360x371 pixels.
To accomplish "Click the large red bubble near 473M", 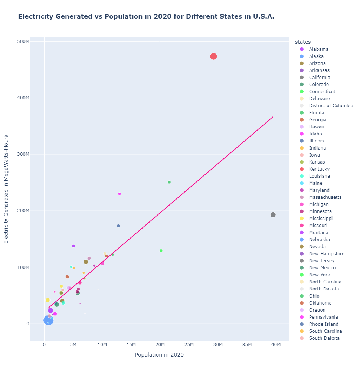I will (x=213, y=56).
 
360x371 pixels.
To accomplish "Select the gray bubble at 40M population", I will (x=273, y=215).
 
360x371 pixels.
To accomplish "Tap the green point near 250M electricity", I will (x=169, y=182).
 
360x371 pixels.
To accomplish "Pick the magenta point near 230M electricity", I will (x=120, y=194).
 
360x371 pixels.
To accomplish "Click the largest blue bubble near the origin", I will (x=48, y=320).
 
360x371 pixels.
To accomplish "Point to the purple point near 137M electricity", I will (x=73, y=246).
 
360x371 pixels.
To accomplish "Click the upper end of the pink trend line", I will (x=273, y=117).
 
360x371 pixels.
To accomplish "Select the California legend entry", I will (x=319, y=78).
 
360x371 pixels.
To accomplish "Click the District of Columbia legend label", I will (x=331, y=106).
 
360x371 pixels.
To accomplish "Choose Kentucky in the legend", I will (x=319, y=169).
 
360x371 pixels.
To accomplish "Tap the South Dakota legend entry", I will (x=324, y=338).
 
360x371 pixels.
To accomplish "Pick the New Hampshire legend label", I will (x=326, y=254).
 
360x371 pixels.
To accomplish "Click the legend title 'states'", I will (x=300, y=42).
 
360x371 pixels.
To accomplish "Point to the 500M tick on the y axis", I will (x=23, y=42).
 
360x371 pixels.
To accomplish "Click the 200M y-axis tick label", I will (x=23, y=211).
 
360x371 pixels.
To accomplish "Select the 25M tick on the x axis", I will (x=189, y=345).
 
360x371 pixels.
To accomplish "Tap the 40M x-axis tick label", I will (x=276, y=345).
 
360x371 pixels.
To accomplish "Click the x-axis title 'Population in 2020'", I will (x=159, y=355).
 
